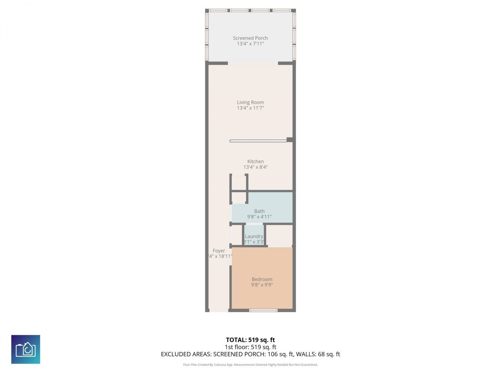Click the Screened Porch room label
click(x=250, y=38)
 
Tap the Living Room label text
click(x=250, y=102)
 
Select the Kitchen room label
click(x=256, y=161)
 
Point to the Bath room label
click(x=259, y=211)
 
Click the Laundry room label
click(x=254, y=236)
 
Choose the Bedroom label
click(x=262, y=279)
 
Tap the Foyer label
click(x=219, y=251)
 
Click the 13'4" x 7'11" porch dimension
click(x=250, y=44)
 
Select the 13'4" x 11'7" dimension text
click(x=250, y=108)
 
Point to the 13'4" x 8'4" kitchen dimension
click(x=256, y=167)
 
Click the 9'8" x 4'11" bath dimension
click(x=259, y=217)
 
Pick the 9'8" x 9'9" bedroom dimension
click(x=262, y=285)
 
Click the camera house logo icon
click(x=25, y=349)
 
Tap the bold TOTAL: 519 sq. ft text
click(x=250, y=340)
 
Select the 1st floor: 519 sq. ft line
click(x=250, y=347)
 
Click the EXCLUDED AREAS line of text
click(x=250, y=354)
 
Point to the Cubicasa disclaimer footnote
click(x=250, y=365)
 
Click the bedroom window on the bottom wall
click(x=263, y=311)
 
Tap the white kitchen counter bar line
click(x=258, y=141)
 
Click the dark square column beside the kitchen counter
click(x=290, y=139)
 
